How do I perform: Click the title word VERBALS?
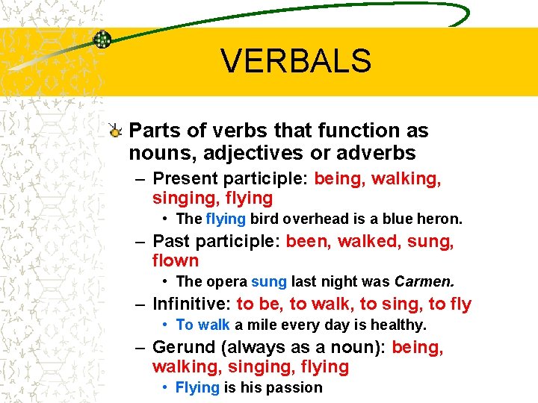pyautogui.click(x=296, y=61)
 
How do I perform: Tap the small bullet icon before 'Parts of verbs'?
pyautogui.click(x=115, y=131)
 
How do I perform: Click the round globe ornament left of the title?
pyautogui.click(x=102, y=40)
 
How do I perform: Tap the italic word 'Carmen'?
pyautogui.click(x=423, y=282)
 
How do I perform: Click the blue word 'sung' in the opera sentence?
pyautogui.click(x=269, y=282)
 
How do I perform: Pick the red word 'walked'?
pyautogui.click(x=367, y=242)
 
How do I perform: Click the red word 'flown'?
pyautogui.click(x=176, y=261)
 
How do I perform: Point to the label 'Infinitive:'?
pyautogui.click(x=192, y=304)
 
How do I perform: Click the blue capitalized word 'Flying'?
pyautogui.click(x=197, y=388)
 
